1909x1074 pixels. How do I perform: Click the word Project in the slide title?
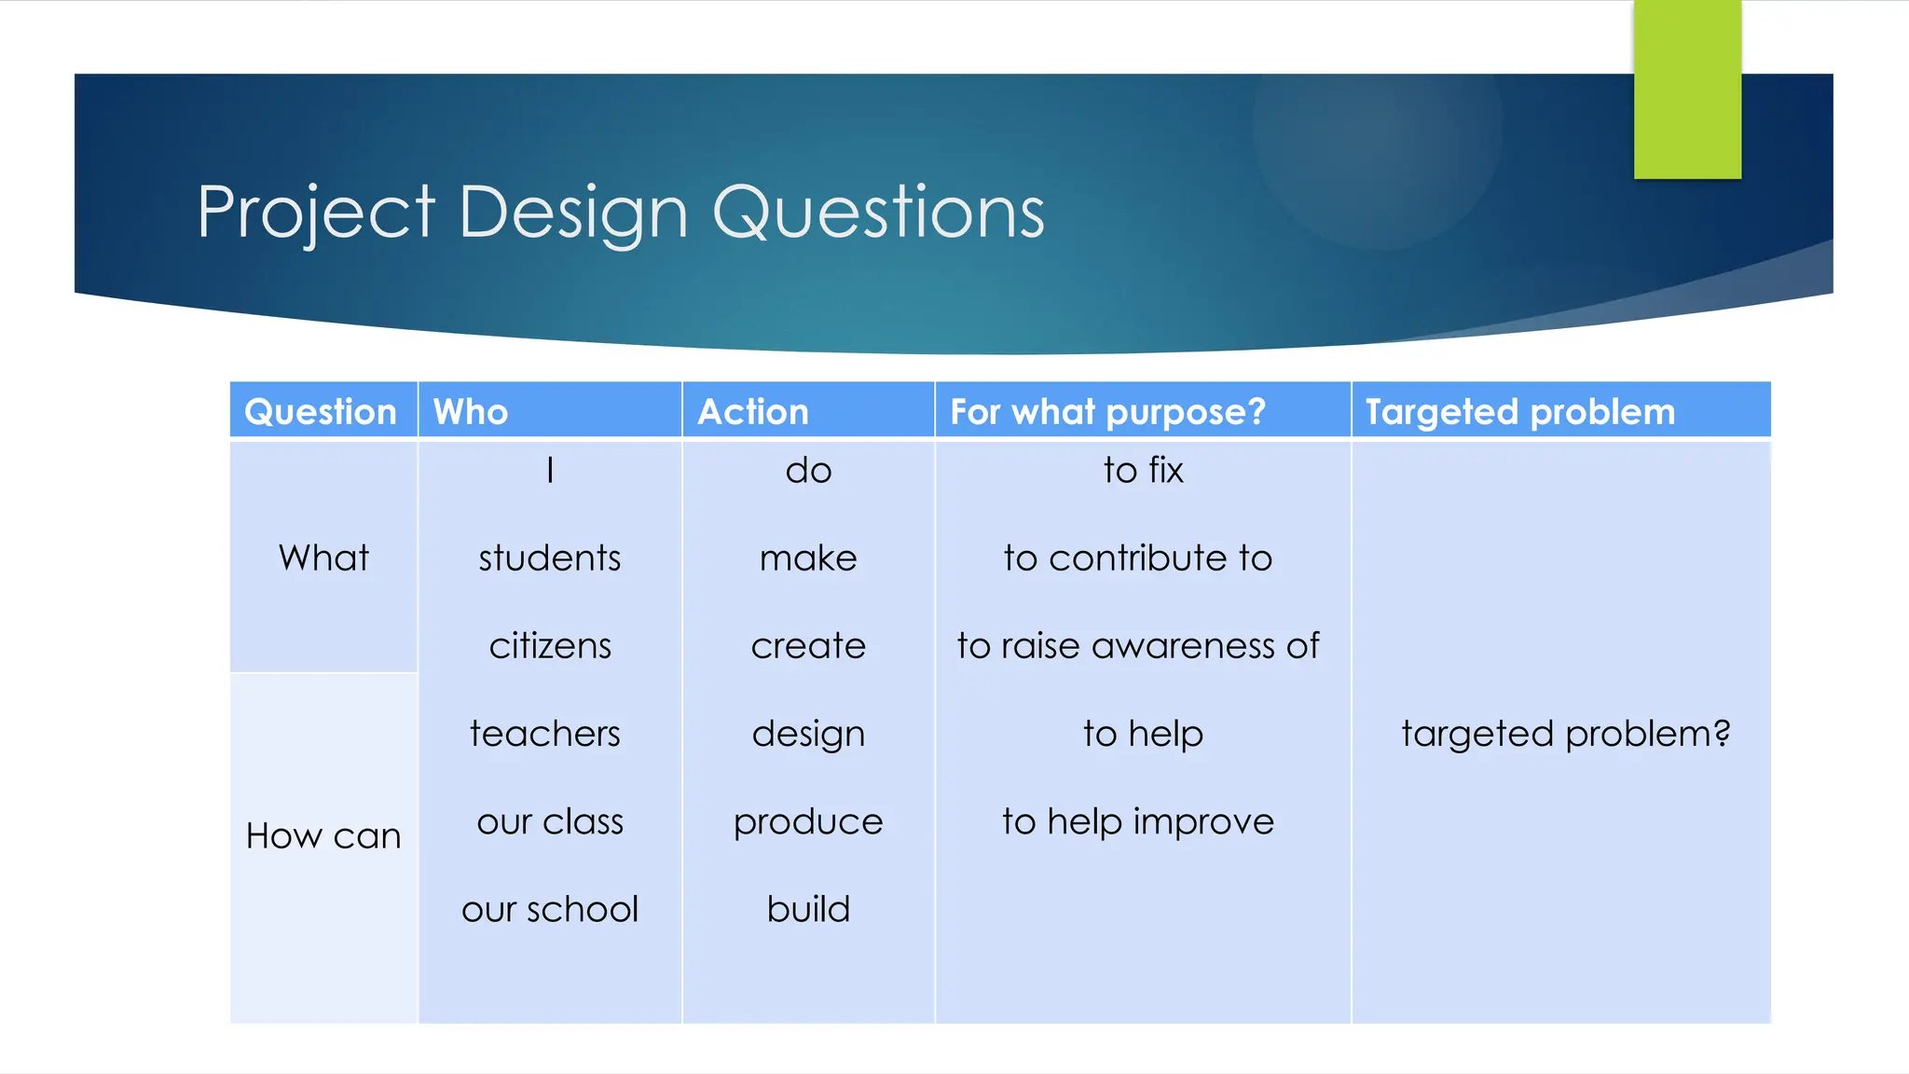(x=315, y=213)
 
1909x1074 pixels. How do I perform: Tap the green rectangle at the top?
(x=1687, y=89)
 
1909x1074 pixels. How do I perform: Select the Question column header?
(x=321, y=412)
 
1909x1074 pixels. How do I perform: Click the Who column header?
(x=471, y=412)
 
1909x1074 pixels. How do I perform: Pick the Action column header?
(x=753, y=412)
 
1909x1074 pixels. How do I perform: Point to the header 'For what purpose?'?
(x=1107, y=412)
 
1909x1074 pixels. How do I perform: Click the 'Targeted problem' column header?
(x=1520, y=412)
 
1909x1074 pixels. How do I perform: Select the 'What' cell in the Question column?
(x=323, y=558)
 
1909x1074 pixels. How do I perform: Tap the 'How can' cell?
(x=323, y=835)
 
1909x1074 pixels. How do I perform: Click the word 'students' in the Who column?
(x=550, y=558)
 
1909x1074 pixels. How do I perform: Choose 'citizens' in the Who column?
(x=550, y=645)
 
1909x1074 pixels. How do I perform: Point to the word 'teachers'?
(x=545, y=734)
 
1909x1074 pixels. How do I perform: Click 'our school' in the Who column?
(x=550, y=909)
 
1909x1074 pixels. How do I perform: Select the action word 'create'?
(x=808, y=645)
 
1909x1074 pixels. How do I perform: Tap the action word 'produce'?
(x=808, y=821)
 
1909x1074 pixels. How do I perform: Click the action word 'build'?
(x=808, y=909)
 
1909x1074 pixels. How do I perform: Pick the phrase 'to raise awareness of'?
(x=1138, y=645)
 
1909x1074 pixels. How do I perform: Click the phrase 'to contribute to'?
(x=1138, y=558)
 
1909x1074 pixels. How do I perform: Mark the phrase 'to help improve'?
(x=1138, y=821)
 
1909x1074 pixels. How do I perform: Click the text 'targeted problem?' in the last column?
(x=1566, y=734)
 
